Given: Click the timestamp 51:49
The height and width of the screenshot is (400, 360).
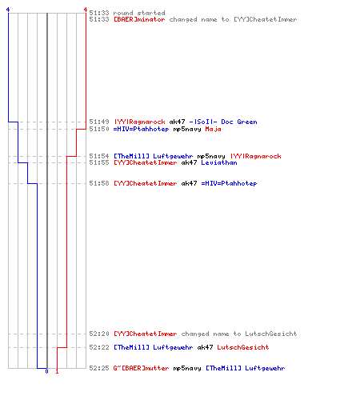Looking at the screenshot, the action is click(99, 122).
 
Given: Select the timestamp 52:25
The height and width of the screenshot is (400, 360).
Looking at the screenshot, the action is click(99, 368).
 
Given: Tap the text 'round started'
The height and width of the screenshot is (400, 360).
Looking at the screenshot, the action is click(139, 13).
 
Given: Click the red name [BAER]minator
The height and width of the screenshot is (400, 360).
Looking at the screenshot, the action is click(139, 19).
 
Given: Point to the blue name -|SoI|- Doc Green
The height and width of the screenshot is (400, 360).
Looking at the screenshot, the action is click(223, 122).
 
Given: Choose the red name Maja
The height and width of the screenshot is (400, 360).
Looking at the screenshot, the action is click(213, 130).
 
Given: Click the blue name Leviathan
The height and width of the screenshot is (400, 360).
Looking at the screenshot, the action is click(219, 162).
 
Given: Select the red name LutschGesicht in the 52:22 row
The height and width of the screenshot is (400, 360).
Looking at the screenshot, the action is click(243, 347).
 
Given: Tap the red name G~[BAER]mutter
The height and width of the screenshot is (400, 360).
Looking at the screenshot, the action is click(141, 368).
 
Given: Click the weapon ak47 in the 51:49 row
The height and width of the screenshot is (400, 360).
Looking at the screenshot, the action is click(177, 122).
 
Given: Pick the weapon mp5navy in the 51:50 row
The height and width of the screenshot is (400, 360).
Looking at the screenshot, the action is click(187, 130).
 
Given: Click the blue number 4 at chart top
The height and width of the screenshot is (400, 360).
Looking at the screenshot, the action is click(8, 10).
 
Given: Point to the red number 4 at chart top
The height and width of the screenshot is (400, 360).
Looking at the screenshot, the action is click(86, 10).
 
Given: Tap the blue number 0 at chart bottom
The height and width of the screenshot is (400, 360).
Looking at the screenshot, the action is click(46, 371).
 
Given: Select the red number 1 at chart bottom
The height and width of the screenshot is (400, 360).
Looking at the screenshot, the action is click(57, 371).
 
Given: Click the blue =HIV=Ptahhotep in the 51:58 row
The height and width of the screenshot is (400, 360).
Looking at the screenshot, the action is click(229, 183).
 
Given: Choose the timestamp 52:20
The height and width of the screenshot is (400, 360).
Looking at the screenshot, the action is click(99, 334).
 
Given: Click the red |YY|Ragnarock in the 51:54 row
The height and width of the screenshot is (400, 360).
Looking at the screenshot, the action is click(256, 156).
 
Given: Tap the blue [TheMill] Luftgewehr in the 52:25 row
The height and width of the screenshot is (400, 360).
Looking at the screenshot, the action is click(246, 368).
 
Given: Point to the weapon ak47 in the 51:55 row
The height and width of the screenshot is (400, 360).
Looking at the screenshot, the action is click(189, 162).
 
